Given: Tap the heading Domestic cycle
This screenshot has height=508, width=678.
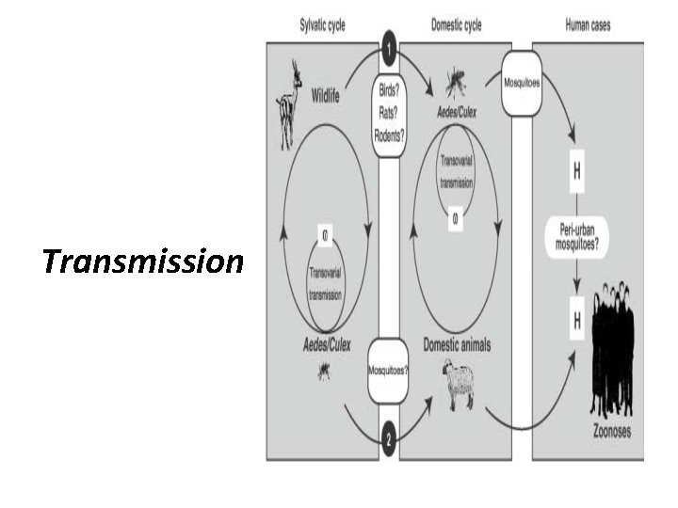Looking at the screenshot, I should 457,25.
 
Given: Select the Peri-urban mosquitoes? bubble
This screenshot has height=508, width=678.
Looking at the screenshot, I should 575,232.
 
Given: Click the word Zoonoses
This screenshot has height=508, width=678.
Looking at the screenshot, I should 611,433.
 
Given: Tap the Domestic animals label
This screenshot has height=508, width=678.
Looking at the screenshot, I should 457,345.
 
